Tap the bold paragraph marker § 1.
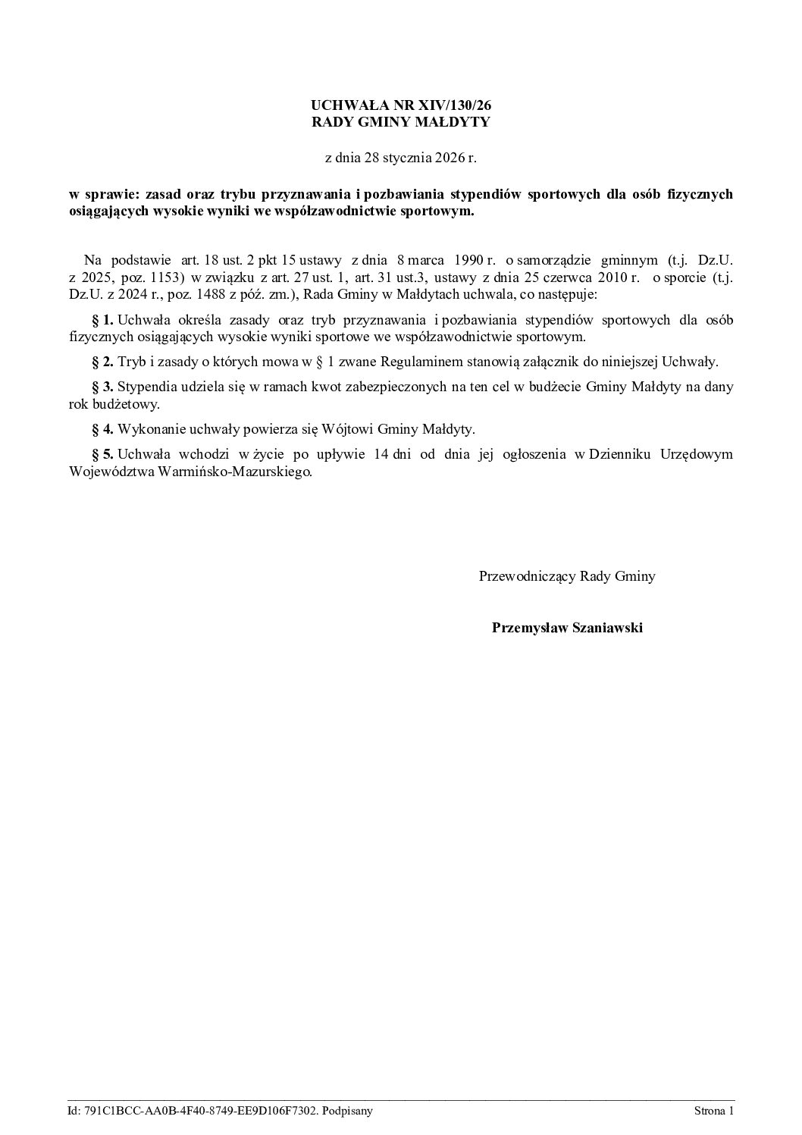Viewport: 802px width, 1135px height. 102,320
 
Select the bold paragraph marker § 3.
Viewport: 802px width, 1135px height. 102,387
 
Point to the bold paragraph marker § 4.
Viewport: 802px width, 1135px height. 102,429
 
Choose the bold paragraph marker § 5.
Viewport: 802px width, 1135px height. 102,455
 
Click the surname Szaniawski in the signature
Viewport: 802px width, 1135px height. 604,627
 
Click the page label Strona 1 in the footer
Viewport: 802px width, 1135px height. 713,1111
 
